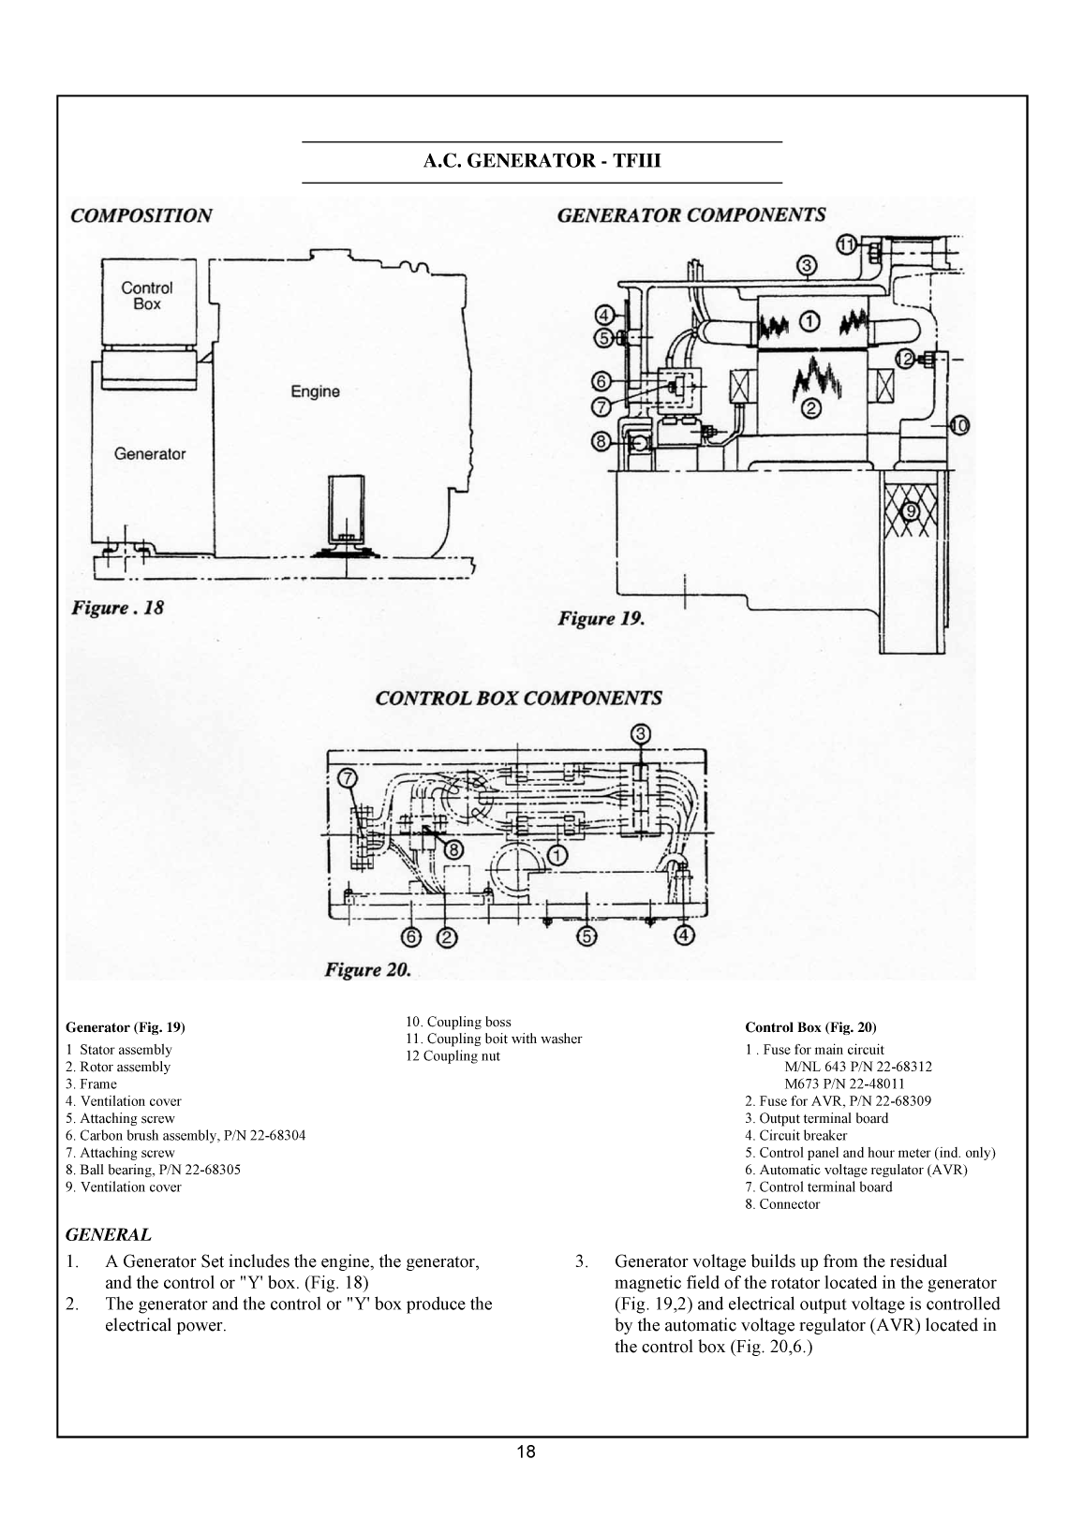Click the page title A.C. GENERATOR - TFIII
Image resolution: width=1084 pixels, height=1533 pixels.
tap(542, 161)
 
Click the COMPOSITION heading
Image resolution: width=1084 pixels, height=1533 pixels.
tap(141, 215)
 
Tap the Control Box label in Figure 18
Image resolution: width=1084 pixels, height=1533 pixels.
tap(147, 296)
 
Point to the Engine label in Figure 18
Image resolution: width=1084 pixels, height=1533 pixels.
tap(315, 391)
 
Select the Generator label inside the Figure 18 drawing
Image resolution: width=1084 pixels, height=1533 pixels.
tap(150, 454)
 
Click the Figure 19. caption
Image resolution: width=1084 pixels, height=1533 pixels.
tap(601, 619)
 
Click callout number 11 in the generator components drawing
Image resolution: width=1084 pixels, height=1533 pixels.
tap(846, 244)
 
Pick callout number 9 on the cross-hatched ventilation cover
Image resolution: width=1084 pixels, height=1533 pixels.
tap(909, 510)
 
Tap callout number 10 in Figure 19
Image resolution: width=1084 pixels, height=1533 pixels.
tap(959, 425)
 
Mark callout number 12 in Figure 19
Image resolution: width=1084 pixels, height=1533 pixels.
tap(905, 357)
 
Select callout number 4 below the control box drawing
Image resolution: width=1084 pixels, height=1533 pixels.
tap(686, 936)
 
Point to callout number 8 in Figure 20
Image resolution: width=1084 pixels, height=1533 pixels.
tap(453, 849)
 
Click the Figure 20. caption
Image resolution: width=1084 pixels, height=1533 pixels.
tap(367, 970)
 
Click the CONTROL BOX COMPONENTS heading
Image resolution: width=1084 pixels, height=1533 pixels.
tap(518, 699)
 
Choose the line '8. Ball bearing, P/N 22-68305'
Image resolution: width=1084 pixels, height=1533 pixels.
tap(147, 1170)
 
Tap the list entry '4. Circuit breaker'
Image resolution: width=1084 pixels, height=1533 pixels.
tap(795, 1136)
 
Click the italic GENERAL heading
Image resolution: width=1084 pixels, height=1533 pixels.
tap(108, 1235)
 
